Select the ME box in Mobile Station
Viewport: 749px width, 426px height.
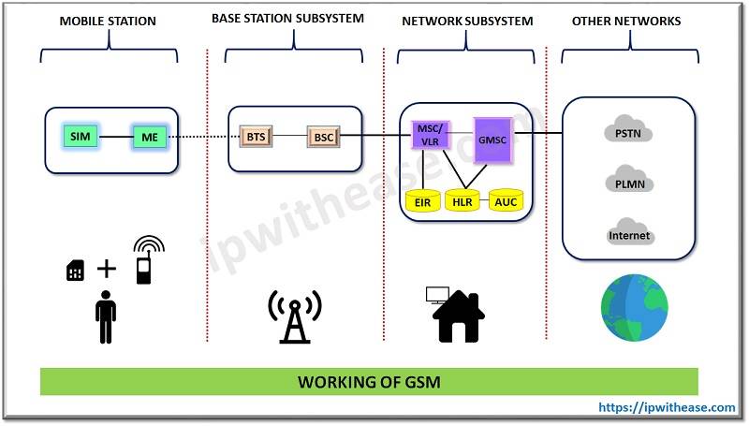pos(148,138)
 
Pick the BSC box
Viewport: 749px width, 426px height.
pos(323,138)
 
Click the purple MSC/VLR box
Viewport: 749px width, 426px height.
pos(431,135)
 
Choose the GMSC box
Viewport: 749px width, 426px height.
pos(493,140)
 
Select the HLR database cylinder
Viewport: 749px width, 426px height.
pos(463,200)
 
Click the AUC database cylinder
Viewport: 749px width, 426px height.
pos(505,200)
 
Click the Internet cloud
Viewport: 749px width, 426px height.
pos(628,233)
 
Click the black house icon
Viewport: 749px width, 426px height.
pos(459,316)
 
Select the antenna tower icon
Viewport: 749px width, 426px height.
pos(294,316)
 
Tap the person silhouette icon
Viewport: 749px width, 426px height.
pos(106,317)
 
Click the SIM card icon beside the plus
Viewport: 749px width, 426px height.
pos(75,271)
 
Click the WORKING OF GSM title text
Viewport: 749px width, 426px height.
pos(370,382)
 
